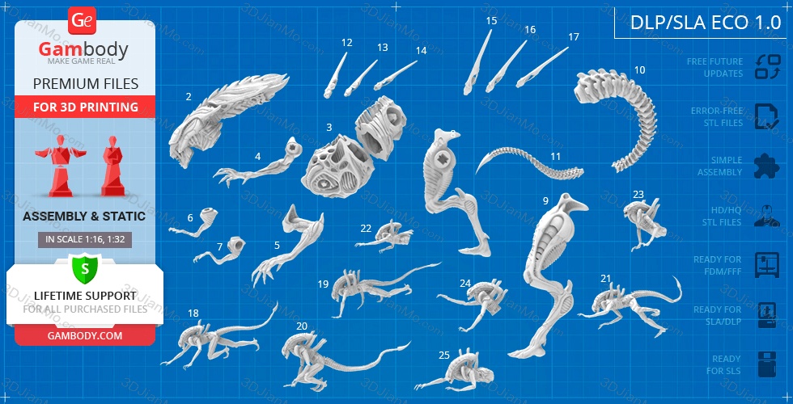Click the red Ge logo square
[x=82, y=21]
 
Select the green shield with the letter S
[x=85, y=269]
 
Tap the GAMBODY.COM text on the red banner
[x=85, y=335]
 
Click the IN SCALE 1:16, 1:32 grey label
[x=85, y=240]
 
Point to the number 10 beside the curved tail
[x=640, y=69]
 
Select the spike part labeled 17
[x=541, y=68]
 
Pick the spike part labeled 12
[x=334, y=76]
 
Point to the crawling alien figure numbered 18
[x=218, y=336]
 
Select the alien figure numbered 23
[x=644, y=222]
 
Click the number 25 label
[x=444, y=356]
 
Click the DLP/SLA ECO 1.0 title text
[x=706, y=23]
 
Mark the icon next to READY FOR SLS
[x=767, y=364]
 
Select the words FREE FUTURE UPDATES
[x=715, y=67]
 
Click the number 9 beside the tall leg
[x=545, y=201]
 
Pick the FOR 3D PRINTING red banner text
[x=86, y=107]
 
